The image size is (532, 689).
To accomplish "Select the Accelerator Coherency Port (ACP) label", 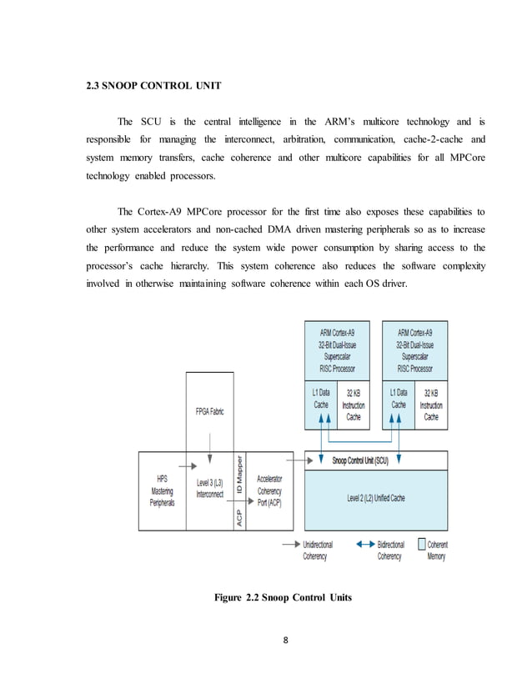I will (269, 491).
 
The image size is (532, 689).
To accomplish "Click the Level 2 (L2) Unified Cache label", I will (376, 498).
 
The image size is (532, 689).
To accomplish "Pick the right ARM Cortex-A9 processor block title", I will (415, 350).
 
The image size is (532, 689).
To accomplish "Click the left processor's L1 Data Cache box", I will (320, 399).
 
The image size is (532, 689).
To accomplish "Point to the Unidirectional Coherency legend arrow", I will (290, 545).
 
